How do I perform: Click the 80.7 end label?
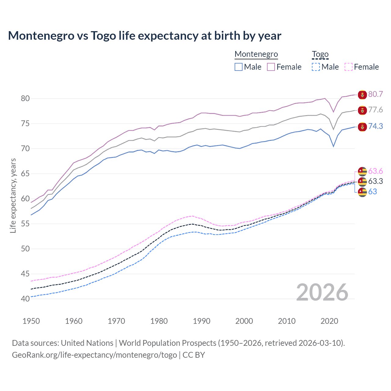pyautogui.click(x=375, y=94)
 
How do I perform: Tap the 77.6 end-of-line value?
pyautogui.click(x=375, y=110)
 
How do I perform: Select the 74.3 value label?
pyautogui.click(x=375, y=126)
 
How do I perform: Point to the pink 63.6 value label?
pyautogui.click(x=375, y=171)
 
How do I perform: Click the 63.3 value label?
pyautogui.click(x=375, y=181)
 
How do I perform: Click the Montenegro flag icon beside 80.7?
pyautogui.click(x=362, y=95)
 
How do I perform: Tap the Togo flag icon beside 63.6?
pyautogui.click(x=362, y=171)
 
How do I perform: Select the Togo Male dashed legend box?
pyautogui.click(x=316, y=67)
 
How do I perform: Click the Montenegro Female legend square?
pyautogui.click(x=271, y=67)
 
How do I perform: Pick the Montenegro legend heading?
pyautogui.click(x=256, y=54)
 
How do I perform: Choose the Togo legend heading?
pyautogui.click(x=320, y=54)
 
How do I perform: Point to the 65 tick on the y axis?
pyautogui.click(x=25, y=174)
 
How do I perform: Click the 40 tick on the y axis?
pyautogui.click(x=25, y=299)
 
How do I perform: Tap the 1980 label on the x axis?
pyautogui.click(x=159, y=321)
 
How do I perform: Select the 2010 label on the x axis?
pyautogui.click(x=287, y=321)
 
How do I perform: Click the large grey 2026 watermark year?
pyautogui.click(x=322, y=292)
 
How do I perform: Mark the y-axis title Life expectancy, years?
pyautogui.click(x=13, y=195)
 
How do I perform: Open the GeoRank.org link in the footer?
pyautogui.click(x=94, y=355)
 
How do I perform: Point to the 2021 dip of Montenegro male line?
pyautogui.click(x=334, y=146)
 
